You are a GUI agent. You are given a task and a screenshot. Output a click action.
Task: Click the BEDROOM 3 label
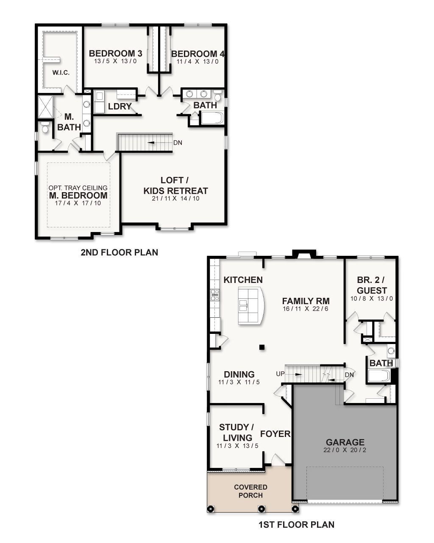coord(115,53)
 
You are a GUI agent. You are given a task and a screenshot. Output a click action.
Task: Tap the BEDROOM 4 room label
coord(198,54)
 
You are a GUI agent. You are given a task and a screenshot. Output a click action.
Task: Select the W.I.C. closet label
coord(61,73)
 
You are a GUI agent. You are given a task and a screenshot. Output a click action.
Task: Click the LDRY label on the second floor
coord(120,106)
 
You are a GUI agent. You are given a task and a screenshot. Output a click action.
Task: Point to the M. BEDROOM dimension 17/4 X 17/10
coord(78,203)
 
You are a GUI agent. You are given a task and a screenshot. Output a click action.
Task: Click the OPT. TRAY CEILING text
coord(78,188)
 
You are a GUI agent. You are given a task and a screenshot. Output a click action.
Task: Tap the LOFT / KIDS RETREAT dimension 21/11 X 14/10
coord(175,199)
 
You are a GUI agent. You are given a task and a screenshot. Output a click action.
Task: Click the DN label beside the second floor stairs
coord(178,143)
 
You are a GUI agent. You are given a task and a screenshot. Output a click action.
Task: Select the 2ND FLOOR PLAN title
coord(119,252)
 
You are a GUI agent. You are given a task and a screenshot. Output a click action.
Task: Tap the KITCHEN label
coord(243,280)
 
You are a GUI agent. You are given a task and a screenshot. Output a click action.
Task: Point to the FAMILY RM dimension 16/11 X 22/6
coord(306,309)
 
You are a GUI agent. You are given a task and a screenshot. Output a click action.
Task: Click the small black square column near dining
coord(262,347)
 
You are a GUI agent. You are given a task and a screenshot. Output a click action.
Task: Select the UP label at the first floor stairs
coord(280,374)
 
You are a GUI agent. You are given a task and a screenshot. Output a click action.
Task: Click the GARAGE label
coord(345,442)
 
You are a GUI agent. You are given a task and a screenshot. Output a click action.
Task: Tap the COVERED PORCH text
coord(250,491)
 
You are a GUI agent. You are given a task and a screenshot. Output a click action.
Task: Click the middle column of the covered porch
coord(262,509)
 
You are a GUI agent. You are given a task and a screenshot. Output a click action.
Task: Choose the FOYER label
coord(275,434)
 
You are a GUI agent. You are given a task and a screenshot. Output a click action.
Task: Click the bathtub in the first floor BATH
coord(378,376)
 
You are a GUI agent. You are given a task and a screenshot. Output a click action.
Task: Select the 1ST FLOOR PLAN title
coord(296,525)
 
